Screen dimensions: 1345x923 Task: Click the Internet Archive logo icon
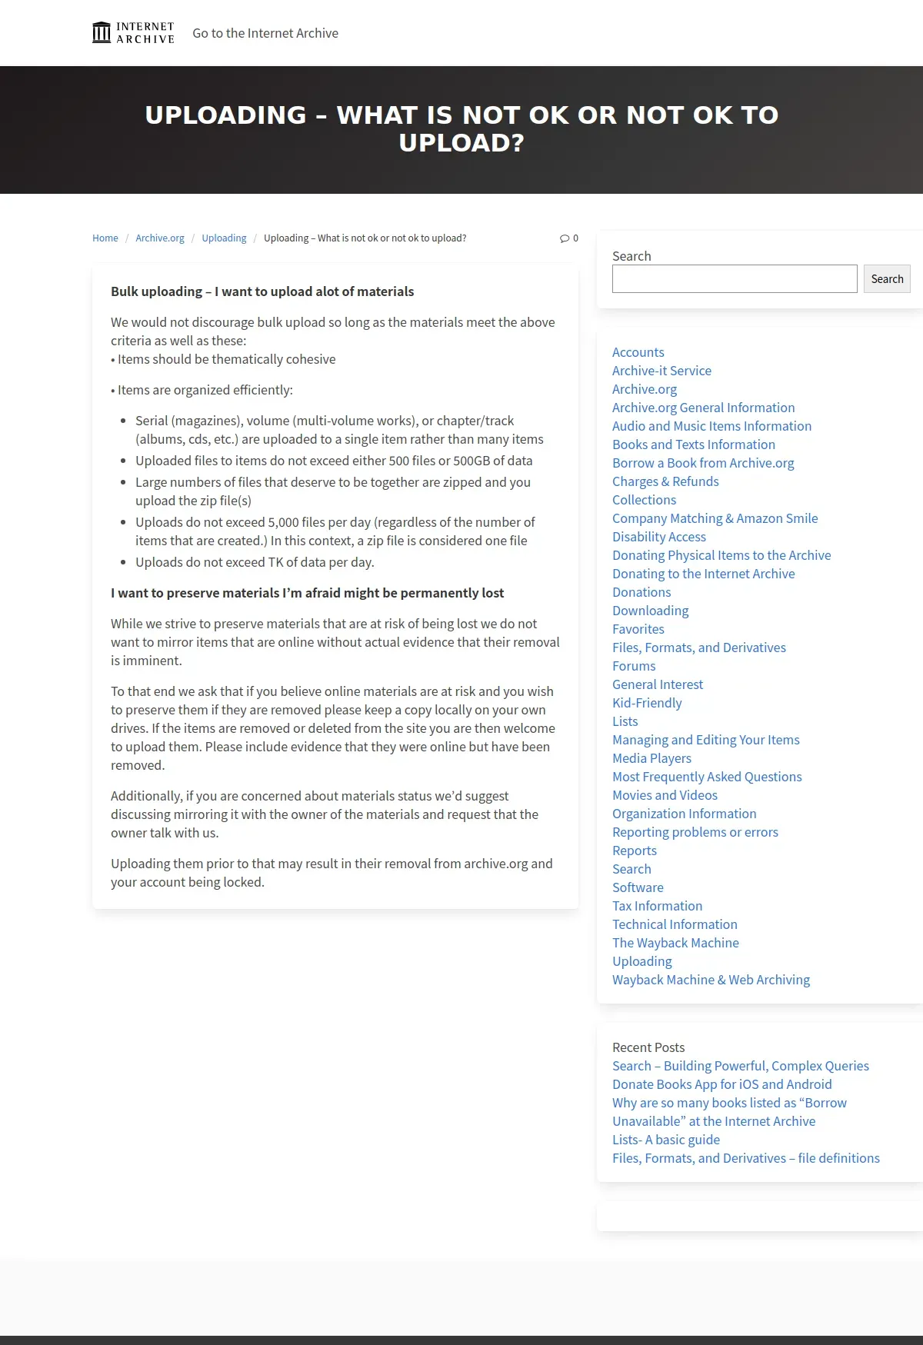pos(102,33)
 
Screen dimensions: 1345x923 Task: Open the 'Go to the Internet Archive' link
pos(265,33)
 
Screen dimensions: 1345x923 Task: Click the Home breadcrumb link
pos(105,238)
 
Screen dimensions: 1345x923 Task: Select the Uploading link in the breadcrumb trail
pos(224,238)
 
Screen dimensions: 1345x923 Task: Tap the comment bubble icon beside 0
pos(565,238)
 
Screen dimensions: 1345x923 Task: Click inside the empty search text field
pos(734,279)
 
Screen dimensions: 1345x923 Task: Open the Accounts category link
pos(638,352)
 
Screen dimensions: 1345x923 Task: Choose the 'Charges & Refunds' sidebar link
pos(665,481)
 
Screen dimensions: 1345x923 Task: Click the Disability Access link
pos(658,537)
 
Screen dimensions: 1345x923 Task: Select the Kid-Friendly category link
pos(647,703)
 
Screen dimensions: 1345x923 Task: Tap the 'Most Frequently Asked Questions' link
pos(707,777)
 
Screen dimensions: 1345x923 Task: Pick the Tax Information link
pos(657,906)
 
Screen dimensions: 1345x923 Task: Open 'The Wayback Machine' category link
pos(675,943)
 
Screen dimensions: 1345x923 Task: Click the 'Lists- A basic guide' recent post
pos(666,1140)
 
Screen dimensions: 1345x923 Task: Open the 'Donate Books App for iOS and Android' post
pos(721,1084)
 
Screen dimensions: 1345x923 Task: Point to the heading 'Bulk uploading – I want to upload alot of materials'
pos(262,291)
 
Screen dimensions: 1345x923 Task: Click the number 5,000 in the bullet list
pos(284,522)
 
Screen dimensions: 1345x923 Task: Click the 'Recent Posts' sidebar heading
pos(648,1047)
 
